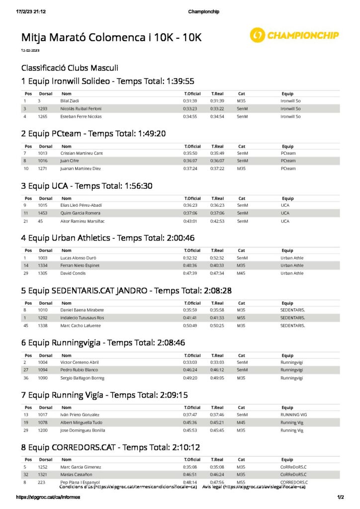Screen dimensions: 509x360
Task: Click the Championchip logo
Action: click(x=294, y=35)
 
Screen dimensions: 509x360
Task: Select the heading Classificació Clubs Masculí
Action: click(x=70, y=68)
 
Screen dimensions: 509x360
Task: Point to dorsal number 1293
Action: click(x=42, y=108)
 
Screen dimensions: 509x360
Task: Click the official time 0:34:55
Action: click(x=190, y=116)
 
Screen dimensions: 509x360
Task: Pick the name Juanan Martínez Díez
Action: click(x=81, y=169)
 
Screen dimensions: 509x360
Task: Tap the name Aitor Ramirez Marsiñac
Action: click(x=83, y=221)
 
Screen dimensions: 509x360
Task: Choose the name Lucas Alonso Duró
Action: click(x=78, y=258)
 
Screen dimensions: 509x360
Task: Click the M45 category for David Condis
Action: click(x=242, y=273)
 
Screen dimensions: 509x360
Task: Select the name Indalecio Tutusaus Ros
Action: click(x=82, y=318)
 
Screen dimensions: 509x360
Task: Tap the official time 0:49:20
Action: click(x=190, y=378)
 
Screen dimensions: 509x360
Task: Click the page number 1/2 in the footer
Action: click(x=341, y=497)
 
